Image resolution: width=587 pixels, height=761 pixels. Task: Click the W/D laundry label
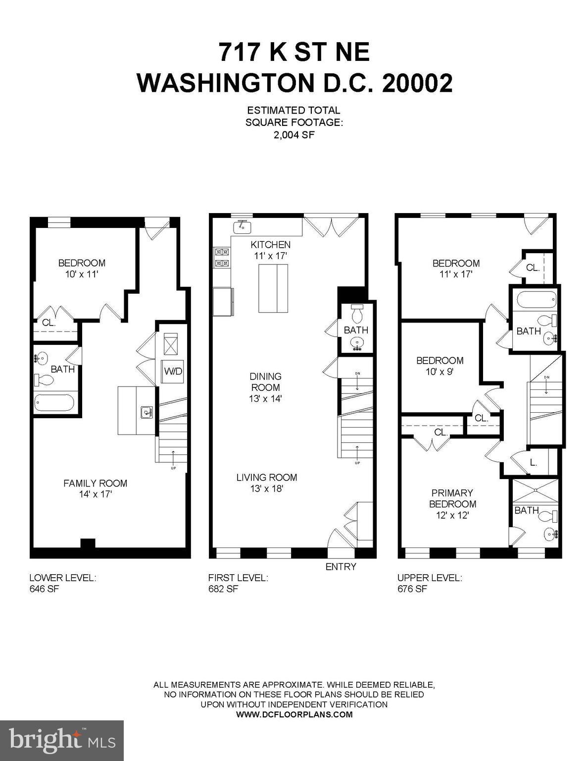click(x=173, y=371)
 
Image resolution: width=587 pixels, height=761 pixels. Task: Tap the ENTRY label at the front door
click(x=341, y=567)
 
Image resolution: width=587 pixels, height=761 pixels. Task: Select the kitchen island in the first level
click(x=273, y=288)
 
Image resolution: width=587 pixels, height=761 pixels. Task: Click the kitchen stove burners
click(x=221, y=258)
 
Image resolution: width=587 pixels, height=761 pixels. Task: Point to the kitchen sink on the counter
click(x=242, y=227)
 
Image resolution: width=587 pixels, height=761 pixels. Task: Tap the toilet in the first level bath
click(x=357, y=313)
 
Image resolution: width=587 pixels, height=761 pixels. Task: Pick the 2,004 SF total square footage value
click(x=294, y=134)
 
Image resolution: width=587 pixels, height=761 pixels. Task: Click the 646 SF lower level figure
click(x=45, y=589)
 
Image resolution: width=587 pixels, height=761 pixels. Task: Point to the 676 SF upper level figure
click(x=412, y=589)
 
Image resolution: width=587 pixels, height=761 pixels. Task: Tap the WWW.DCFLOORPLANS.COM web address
click(x=294, y=714)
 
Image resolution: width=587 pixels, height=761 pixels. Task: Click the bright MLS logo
click(x=62, y=740)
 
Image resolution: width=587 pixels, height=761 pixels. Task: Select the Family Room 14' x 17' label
click(x=95, y=489)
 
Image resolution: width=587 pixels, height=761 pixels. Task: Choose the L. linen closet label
click(x=534, y=464)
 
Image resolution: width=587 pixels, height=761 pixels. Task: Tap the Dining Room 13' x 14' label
click(x=265, y=387)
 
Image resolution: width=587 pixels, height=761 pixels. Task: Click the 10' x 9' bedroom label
click(x=440, y=366)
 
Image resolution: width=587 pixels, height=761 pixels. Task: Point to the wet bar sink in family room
click(x=146, y=412)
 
